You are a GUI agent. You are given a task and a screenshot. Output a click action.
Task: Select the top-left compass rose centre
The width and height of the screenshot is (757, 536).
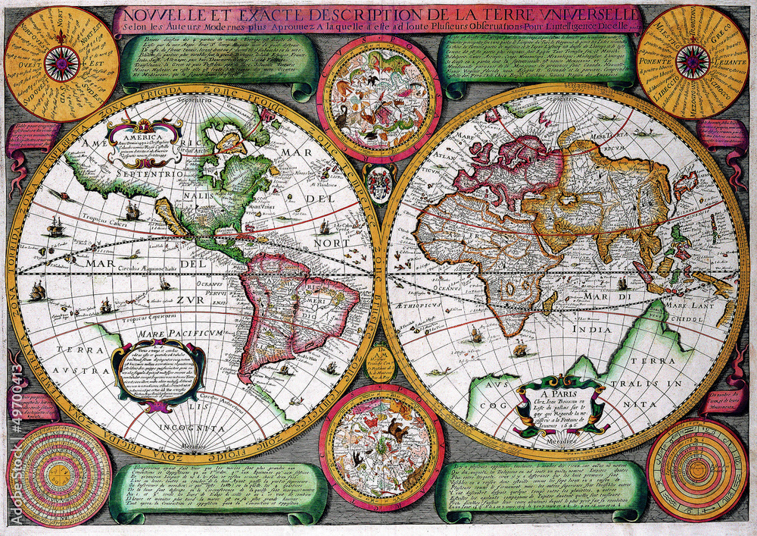(x=61, y=64)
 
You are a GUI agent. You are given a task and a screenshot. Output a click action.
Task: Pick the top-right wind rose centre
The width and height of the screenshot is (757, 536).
(x=693, y=61)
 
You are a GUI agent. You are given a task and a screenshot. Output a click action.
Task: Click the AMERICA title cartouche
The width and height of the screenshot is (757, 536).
(x=144, y=141)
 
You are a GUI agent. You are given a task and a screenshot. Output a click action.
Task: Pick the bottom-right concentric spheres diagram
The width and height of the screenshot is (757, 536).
(x=696, y=469)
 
